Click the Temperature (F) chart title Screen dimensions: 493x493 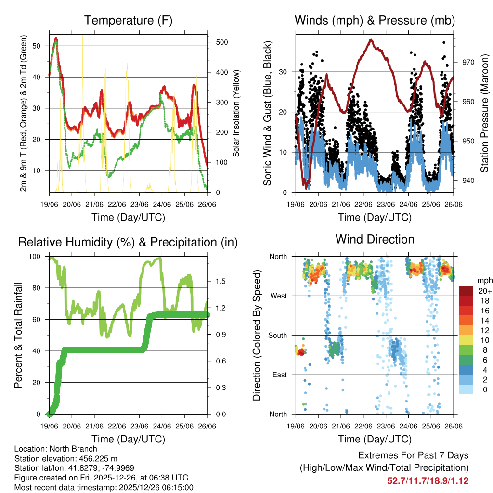click(x=128, y=20)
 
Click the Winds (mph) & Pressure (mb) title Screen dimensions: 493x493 click(x=375, y=20)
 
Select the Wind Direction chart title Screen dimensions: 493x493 click(x=375, y=239)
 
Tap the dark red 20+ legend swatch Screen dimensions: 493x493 click(x=466, y=291)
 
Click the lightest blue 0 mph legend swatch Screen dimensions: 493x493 click(x=466, y=390)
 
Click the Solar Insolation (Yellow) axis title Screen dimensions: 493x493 click(x=236, y=114)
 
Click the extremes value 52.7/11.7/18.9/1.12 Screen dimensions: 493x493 click(x=428, y=480)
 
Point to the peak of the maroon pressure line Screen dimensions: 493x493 click(x=371, y=39)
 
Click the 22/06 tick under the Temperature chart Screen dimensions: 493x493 click(x=117, y=204)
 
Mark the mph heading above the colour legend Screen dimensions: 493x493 click(x=483, y=280)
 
